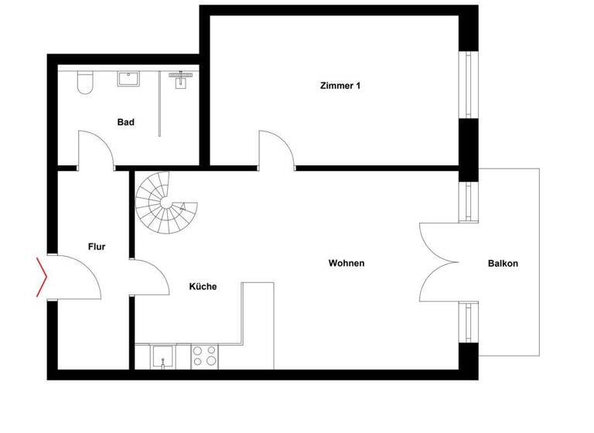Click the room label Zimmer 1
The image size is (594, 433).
(x=340, y=86)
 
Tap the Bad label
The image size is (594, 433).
(x=126, y=122)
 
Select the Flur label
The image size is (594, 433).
(x=96, y=247)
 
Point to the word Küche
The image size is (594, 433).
(x=203, y=286)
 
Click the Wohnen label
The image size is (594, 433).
(x=346, y=263)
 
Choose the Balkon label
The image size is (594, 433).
(x=503, y=263)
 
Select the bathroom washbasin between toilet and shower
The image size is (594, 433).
(x=127, y=79)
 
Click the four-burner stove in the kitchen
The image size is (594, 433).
(x=205, y=355)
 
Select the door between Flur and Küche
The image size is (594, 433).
(x=150, y=276)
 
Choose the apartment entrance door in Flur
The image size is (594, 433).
(x=76, y=276)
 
